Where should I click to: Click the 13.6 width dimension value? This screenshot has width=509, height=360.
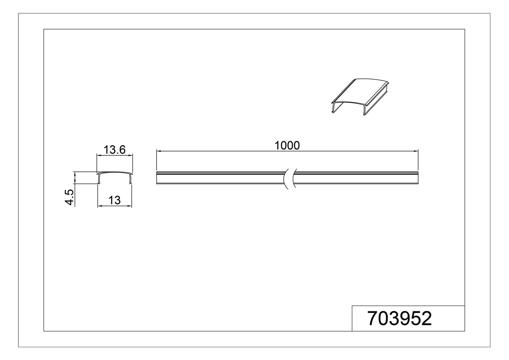point(115,149)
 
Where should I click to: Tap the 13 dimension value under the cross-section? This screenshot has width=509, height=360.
point(115,200)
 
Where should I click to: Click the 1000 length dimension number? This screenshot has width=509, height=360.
point(287,145)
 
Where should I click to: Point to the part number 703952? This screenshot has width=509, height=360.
point(400,318)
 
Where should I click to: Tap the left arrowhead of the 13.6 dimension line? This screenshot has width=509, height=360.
point(99,155)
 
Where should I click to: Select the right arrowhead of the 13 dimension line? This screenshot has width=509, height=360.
point(130,206)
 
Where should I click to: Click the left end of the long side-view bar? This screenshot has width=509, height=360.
point(157,178)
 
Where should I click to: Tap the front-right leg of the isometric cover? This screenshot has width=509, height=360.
point(364,110)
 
